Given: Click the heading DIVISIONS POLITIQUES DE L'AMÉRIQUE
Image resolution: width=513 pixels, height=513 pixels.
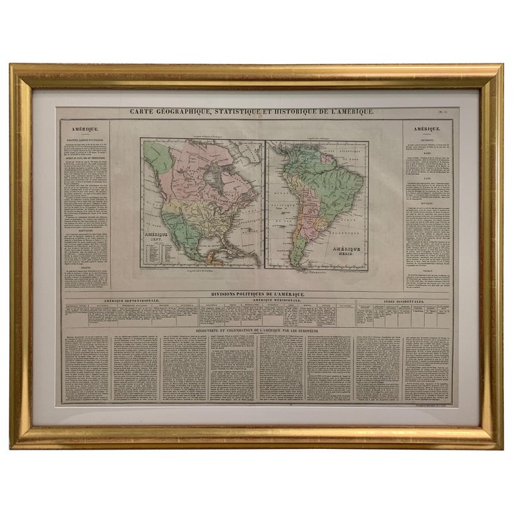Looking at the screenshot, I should click(257, 294).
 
